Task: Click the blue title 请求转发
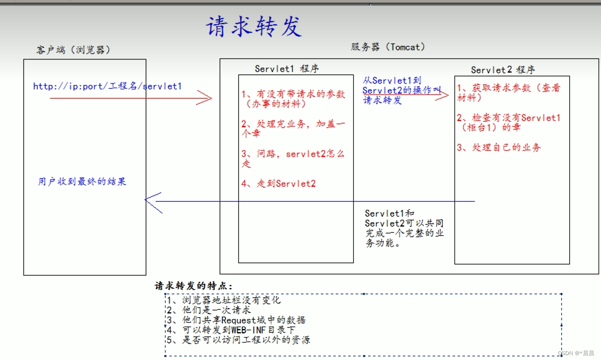click(254, 27)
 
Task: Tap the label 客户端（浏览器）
click(73, 50)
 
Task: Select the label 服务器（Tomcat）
click(388, 47)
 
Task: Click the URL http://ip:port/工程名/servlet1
click(107, 86)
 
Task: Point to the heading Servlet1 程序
click(287, 68)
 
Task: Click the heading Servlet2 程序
click(503, 70)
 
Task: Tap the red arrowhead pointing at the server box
click(206, 98)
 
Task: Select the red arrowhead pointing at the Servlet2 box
click(443, 95)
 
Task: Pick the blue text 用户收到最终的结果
click(82, 182)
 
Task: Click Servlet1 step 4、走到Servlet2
click(278, 184)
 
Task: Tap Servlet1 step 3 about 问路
click(293, 159)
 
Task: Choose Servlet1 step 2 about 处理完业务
click(293, 129)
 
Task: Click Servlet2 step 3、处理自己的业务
click(499, 148)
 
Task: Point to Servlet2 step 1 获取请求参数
click(508, 93)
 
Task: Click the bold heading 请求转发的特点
click(193, 286)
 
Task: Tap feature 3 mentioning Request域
click(236, 320)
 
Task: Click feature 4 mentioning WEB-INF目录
click(231, 330)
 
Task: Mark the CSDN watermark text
click(576, 353)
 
